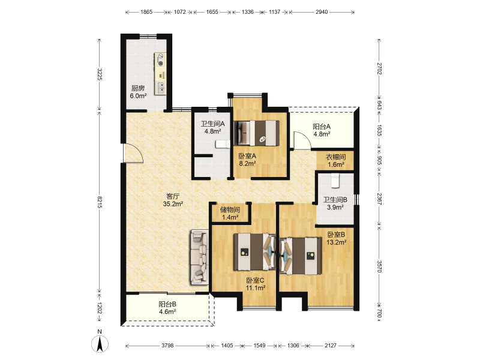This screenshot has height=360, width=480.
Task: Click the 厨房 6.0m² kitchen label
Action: [138, 92]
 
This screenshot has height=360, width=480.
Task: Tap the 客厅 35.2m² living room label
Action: [173, 200]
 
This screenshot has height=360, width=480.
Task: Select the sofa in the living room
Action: [200, 257]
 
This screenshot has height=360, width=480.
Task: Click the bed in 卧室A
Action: [257, 133]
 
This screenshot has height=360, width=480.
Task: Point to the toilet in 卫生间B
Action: [335, 181]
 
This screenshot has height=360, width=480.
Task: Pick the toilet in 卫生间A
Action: [223, 144]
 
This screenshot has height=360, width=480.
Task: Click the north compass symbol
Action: [100, 343]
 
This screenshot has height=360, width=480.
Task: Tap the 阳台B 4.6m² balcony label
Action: [167, 308]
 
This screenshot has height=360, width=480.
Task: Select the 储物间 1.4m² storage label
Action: [230, 214]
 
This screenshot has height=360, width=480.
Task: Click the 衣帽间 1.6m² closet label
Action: [336, 161]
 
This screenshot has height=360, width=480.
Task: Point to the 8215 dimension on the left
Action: [100, 202]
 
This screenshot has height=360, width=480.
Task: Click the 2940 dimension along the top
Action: [322, 12]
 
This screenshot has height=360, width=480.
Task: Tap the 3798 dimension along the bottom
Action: [167, 346]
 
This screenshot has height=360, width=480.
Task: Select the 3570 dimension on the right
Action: [379, 266]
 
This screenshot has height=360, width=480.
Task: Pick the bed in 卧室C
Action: [254, 252]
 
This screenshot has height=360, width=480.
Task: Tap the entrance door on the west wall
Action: [133, 153]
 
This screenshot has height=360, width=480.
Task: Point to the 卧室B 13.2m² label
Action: [337, 238]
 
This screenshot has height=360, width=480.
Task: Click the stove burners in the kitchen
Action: [160, 59]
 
